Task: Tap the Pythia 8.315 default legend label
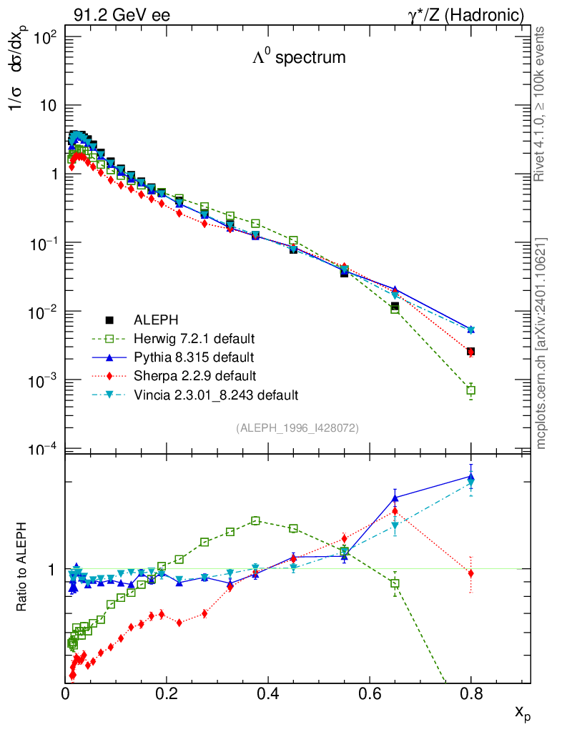pyautogui.click(x=193, y=357)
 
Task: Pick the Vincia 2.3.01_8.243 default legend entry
pyautogui.click(x=215, y=394)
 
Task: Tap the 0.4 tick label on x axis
pyautogui.click(x=268, y=693)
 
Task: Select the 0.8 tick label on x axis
pyautogui.click(x=470, y=693)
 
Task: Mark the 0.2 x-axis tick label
pyautogui.click(x=167, y=693)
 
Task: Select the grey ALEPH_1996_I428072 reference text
pyautogui.click(x=297, y=427)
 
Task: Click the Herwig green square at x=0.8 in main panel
pyautogui.click(x=470, y=390)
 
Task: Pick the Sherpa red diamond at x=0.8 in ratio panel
pyautogui.click(x=470, y=573)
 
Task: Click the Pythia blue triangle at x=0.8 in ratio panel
pyautogui.click(x=470, y=478)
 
